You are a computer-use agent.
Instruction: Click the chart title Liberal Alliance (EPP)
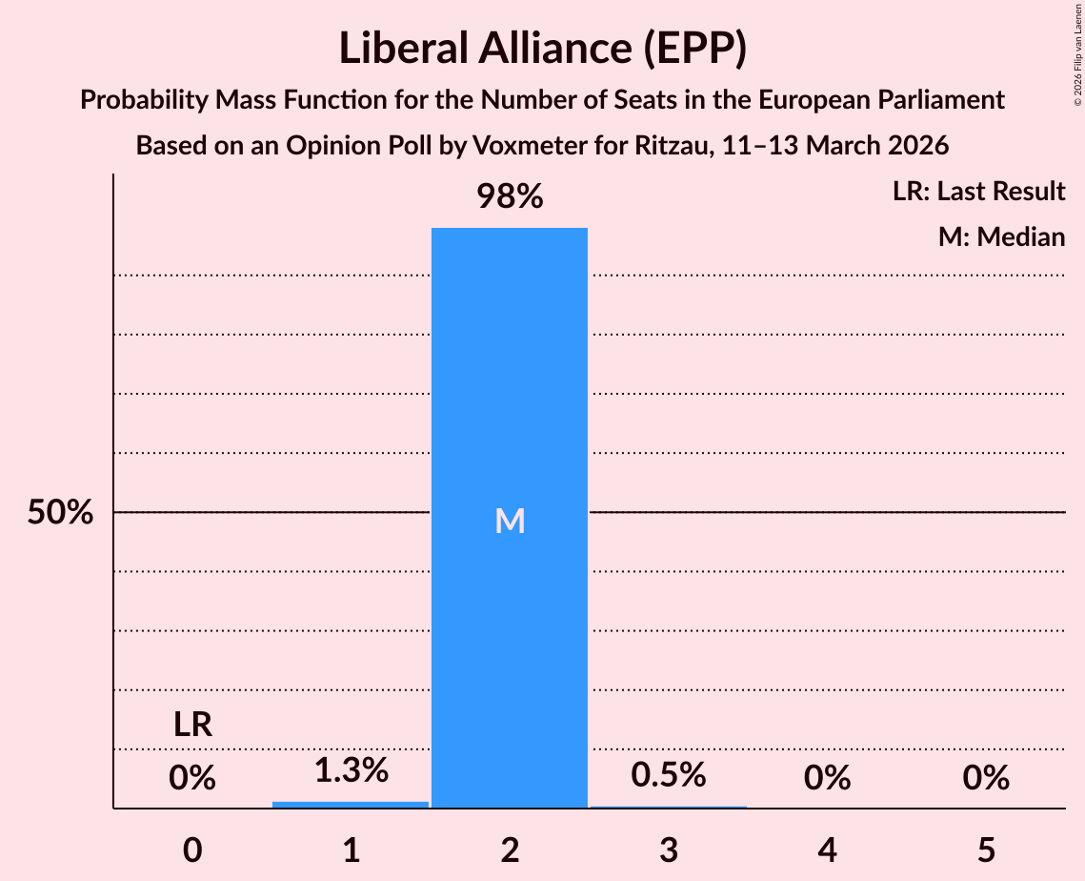click(542, 48)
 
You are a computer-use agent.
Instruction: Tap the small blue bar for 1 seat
click(351, 805)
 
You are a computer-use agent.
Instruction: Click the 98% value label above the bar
click(510, 197)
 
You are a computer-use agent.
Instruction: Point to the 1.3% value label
click(351, 770)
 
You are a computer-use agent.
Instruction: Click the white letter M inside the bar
click(510, 521)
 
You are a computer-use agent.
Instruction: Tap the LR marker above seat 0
click(192, 726)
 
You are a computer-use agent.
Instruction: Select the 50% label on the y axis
click(60, 513)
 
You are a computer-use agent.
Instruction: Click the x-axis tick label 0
click(192, 850)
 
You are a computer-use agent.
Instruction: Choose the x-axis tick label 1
click(351, 850)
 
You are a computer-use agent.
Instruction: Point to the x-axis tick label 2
click(510, 850)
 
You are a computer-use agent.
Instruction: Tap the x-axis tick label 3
click(669, 850)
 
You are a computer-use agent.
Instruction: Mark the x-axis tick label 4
click(827, 850)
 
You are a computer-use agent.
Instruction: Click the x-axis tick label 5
click(986, 850)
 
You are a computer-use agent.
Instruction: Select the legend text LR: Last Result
click(978, 192)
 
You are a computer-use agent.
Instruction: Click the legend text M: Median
click(1001, 237)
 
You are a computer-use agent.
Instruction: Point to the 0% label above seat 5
click(986, 779)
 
